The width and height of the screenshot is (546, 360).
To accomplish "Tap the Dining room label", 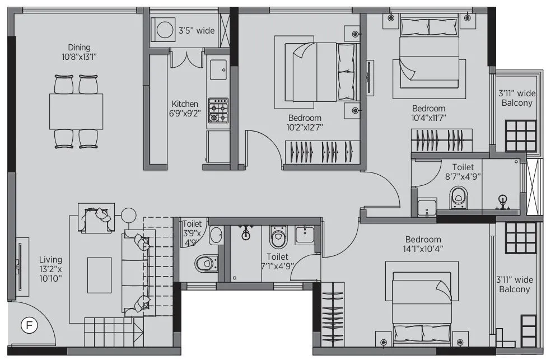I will coord(79,52).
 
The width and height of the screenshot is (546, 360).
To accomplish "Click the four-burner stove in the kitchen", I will coord(218,110).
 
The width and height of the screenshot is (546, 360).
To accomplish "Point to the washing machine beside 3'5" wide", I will coord(164,30).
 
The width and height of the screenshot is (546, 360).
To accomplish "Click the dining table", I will coord(76,111).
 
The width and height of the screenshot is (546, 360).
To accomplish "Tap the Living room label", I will coord(50,268).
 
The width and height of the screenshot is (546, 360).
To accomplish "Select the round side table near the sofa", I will coord(129,215).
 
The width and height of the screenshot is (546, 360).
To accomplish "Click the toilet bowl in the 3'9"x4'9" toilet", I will coord(206,262).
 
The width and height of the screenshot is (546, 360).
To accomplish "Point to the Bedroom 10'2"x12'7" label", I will coord(305,123).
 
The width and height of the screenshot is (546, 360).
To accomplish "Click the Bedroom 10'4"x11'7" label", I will coord(429,113).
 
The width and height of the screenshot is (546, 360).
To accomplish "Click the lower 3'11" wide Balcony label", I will coord(514,284).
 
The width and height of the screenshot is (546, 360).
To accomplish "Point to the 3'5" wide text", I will coord(196,31).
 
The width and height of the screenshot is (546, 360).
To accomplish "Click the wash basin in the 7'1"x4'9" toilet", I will coord(305,235).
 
